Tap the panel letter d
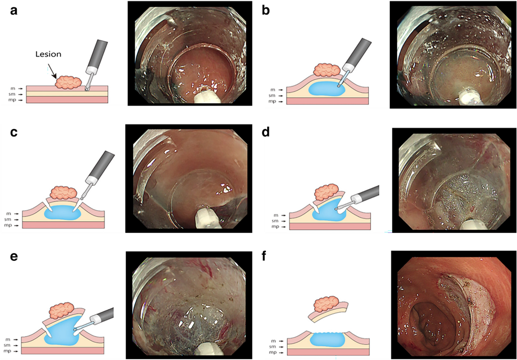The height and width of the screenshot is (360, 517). (x=267, y=133)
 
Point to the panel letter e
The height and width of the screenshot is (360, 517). (x=14, y=257)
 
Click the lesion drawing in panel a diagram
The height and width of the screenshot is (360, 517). (x=69, y=82)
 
